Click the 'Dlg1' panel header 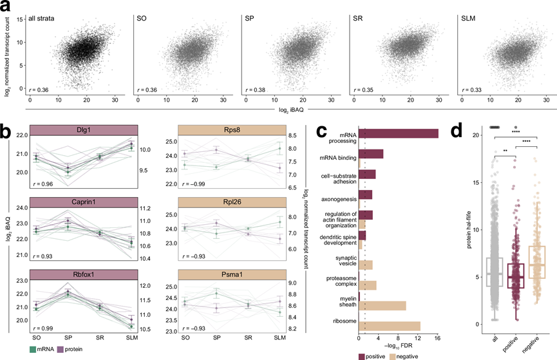81,129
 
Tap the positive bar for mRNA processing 398,133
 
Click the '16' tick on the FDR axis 437,337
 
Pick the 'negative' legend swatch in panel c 394,354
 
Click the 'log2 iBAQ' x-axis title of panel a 279,111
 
